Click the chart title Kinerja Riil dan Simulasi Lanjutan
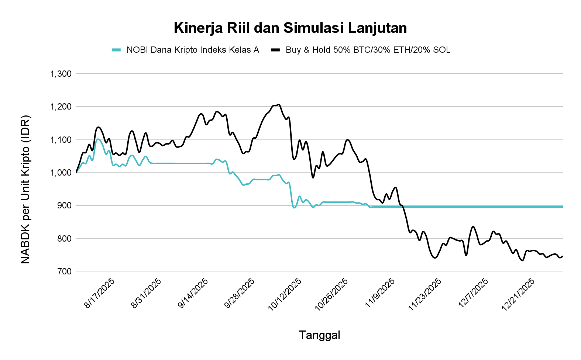pyautogui.click(x=290, y=28)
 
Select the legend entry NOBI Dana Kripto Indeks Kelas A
pyautogui.click(x=192, y=50)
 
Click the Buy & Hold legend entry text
pyautogui.click(x=368, y=50)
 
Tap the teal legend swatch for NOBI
pyautogui.click(x=116, y=50)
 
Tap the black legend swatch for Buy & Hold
pyautogui.click(x=275, y=50)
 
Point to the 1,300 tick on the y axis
pyautogui.click(x=61, y=74)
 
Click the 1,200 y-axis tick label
pyautogui.click(x=61, y=107)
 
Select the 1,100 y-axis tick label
pyautogui.click(x=61, y=140)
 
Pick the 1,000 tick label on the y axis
pyautogui.click(x=61, y=173)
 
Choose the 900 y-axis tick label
pyautogui.click(x=64, y=205)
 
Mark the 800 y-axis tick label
pyautogui.click(x=64, y=239)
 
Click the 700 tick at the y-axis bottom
pyautogui.click(x=64, y=271)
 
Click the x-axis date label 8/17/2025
pyautogui.click(x=100, y=293)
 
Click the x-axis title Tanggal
pyautogui.click(x=319, y=335)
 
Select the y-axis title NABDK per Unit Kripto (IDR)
pyautogui.click(x=25, y=190)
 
